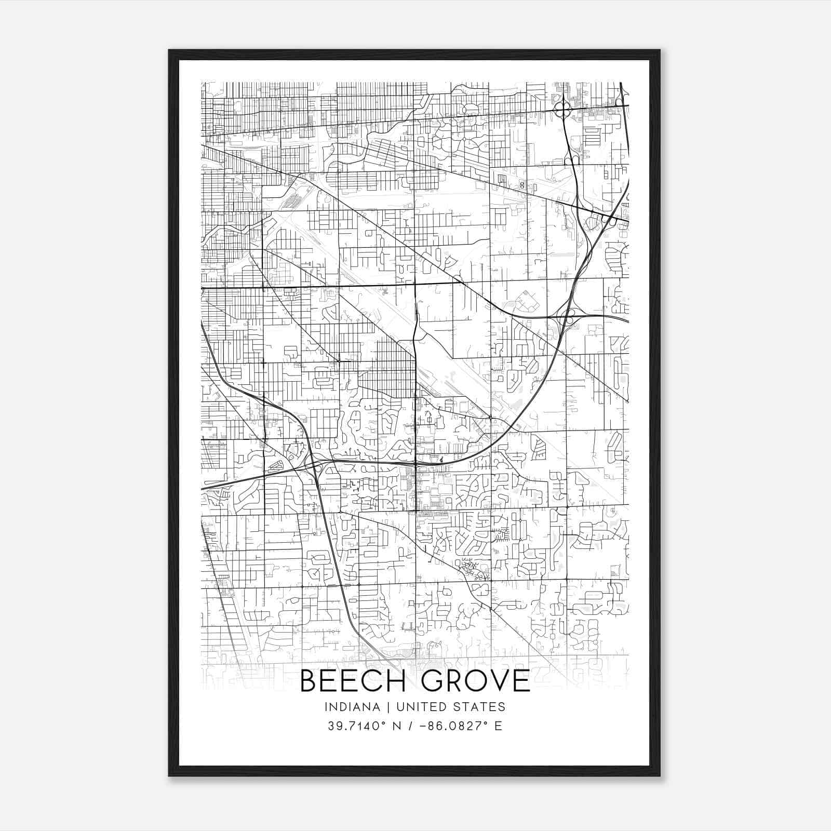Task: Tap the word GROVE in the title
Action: tap(476, 681)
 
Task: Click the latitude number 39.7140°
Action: tap(352, 726)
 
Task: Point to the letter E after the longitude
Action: tap(499, 726)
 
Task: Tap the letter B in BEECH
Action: tap(310, 681)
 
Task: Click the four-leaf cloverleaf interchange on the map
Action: tap(563, 110)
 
